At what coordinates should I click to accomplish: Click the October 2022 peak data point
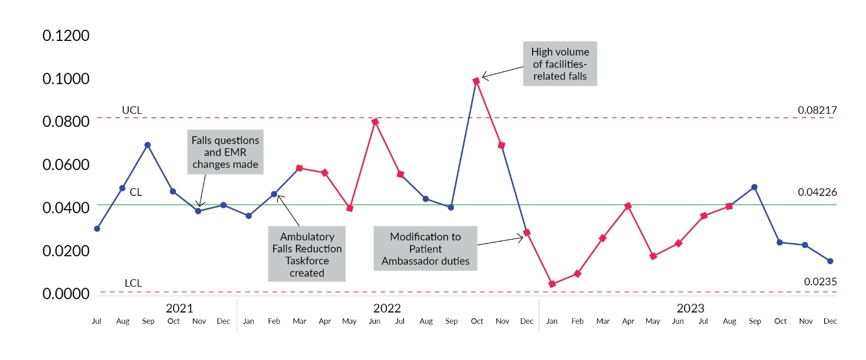(x=476, y=81)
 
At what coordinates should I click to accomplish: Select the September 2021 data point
(x=148, y=145)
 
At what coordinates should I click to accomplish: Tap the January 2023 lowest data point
(x=552, y=284)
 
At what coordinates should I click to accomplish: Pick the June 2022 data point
(x=375, y=122)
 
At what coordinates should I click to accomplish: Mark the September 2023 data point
(x=754, y=187)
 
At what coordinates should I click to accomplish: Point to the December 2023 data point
(x=830, y=261)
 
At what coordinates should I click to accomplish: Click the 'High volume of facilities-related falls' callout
(x=560, y=64)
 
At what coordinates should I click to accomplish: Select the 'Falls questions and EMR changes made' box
(x=225, y=152)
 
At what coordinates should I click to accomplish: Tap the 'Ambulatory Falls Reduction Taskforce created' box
(x=307, y=254)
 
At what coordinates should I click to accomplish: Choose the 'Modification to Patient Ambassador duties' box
(x=425, y=248)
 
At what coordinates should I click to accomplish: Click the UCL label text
(x=132, y=110)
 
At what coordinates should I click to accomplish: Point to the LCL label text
(x=133, y=283)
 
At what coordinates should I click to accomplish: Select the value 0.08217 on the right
(x=817, y=110)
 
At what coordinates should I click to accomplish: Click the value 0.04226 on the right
(x=817, y=192)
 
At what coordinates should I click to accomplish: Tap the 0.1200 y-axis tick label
(x=66, y=36)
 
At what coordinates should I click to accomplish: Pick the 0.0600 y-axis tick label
(x=66, y=165)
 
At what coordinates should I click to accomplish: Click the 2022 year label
(x=387, y=308)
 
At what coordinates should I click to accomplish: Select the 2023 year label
(x=690, y=308)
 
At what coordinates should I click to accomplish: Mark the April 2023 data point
(x=628, y=206)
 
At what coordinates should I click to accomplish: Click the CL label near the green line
(x=136, y=192)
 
